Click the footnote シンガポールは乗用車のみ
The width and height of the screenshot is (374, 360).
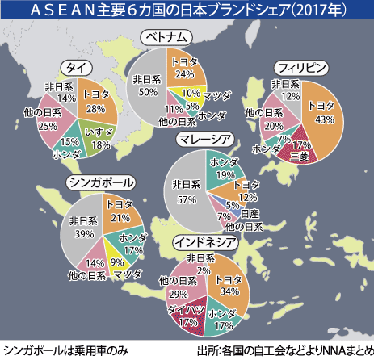[56, 351]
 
